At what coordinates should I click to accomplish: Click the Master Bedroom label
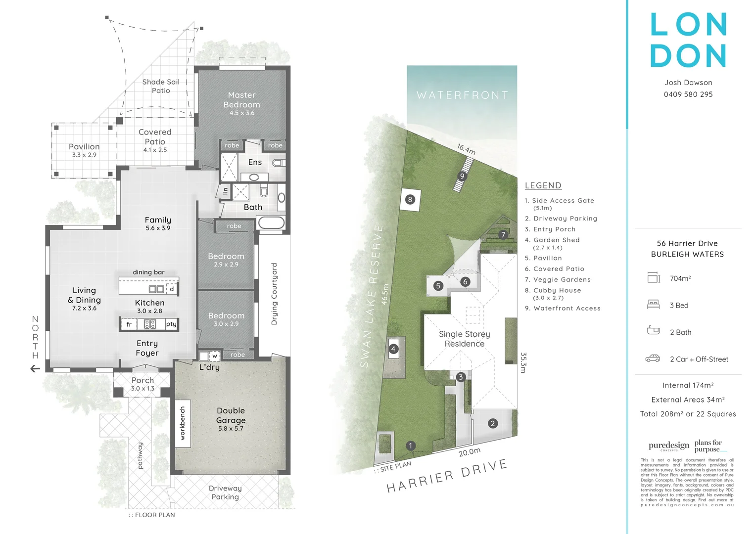(x=241, y=100)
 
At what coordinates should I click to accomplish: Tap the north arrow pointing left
(x=35, y=368)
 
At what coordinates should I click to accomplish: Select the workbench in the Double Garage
(x=183, y=423)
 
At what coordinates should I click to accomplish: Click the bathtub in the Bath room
(x=271, y=222)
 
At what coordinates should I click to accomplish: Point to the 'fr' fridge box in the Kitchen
(x=129, y=324)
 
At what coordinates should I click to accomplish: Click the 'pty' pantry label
(x=171, y=324)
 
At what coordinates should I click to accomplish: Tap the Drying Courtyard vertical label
(x=274, y=294)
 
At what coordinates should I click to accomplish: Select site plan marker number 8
(x=410, y=200)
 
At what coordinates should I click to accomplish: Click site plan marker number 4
(x=393, y=349)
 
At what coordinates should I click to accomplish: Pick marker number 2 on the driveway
(x=492, y=423)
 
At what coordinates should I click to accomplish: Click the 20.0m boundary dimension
(x=469, y=451)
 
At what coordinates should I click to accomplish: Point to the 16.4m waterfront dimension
(x=466, y=149)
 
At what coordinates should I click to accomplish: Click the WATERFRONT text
(x=462, y=95)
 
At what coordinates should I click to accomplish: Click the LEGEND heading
(x=543, y=185)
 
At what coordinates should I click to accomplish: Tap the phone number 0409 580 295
(x=688, y=94)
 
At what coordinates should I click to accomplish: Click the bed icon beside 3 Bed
(x=653, y=305)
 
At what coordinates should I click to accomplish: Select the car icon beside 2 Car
(x=653, y=358)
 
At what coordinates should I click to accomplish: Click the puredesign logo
(x=668, y=445)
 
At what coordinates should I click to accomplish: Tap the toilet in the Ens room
(x=278, y=163)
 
